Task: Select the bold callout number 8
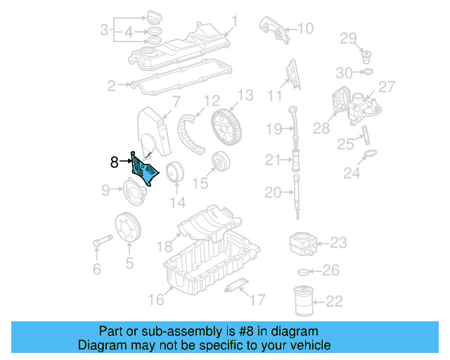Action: tap(115, 162)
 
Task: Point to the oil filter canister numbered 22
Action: tap(303, 300)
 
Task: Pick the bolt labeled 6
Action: tap(98, 243)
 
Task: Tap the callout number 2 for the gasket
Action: tap(110, 86)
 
